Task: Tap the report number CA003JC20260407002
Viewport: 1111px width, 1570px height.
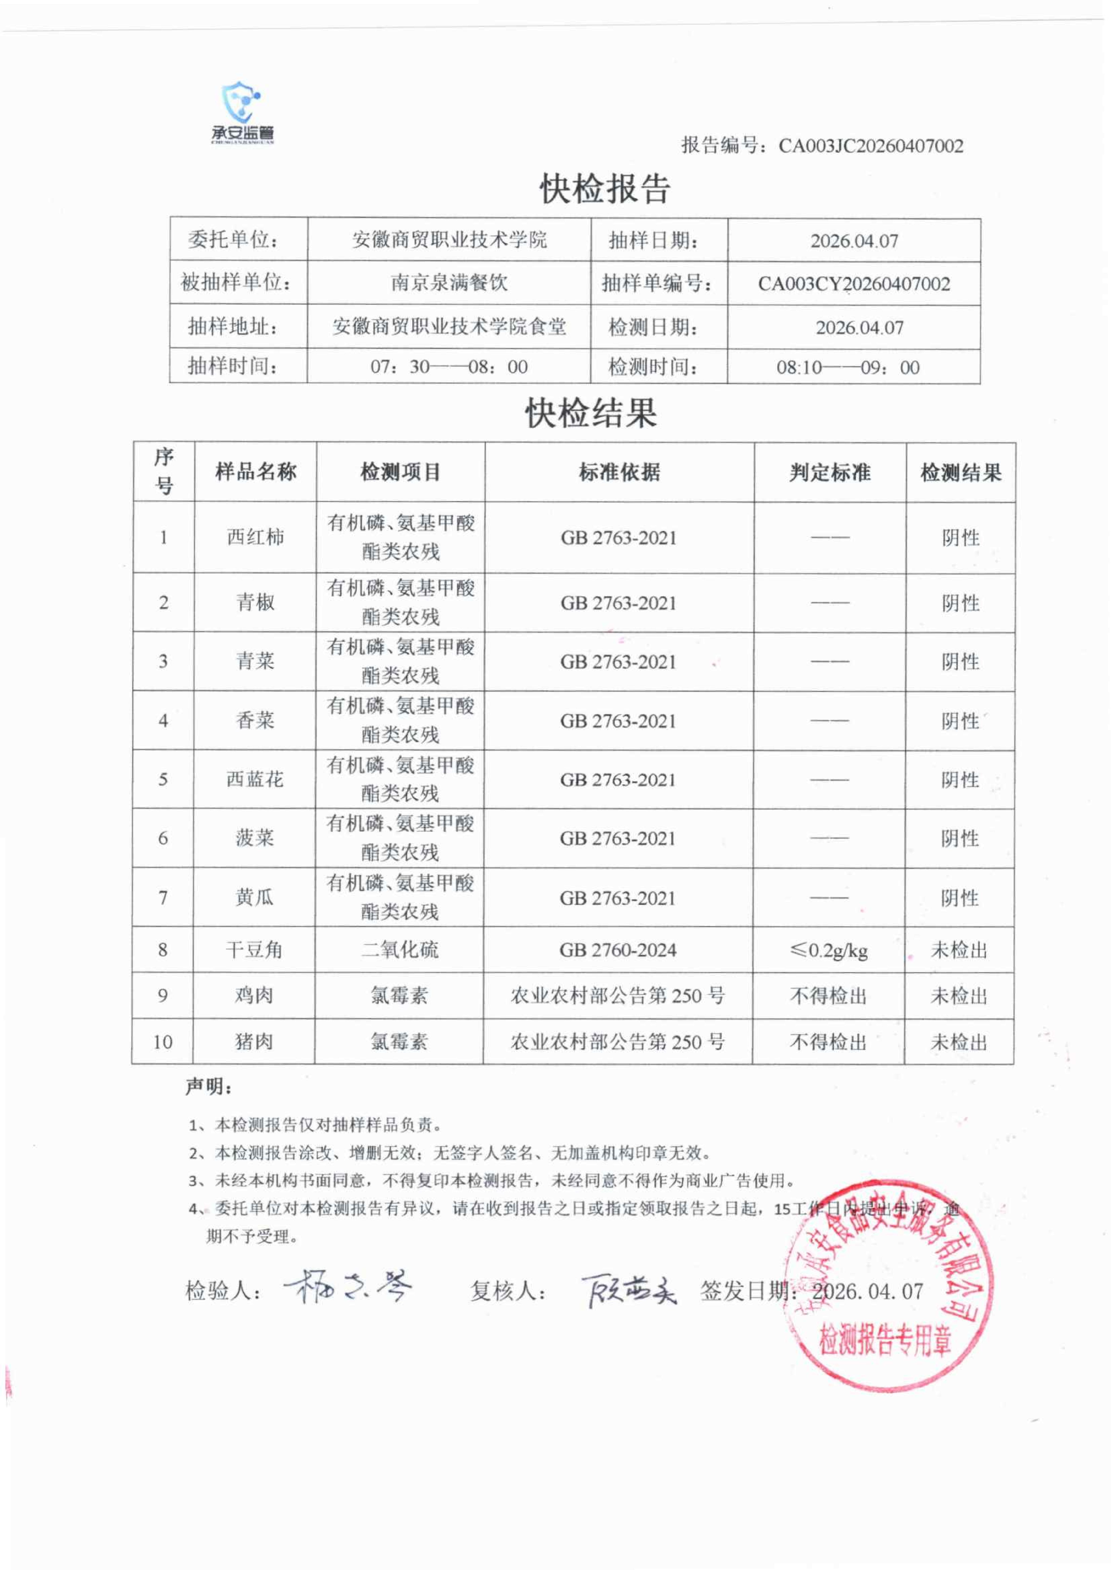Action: click(x=870, y=146)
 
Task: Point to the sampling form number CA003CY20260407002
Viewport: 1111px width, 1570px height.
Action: click(x=854, y=284)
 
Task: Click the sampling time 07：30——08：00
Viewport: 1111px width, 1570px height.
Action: click(x=449, y=367)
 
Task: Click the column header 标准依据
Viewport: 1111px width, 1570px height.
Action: click(x=619, y=472)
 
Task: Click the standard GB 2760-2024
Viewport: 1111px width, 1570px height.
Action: click(x=618, y=950)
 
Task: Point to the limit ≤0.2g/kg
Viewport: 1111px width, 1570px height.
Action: click(x=828, y=950)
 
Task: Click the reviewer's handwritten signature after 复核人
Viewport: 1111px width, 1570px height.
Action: click(x=628, y=1290)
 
